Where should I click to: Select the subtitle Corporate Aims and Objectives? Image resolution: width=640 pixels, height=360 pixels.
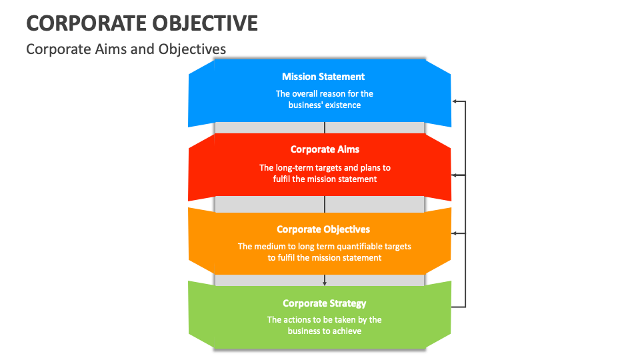(x=126, y=49)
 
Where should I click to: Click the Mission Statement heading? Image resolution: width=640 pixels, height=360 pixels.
(x=323, y=77)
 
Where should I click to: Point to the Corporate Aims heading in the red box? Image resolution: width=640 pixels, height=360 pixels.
(x=325, y=149)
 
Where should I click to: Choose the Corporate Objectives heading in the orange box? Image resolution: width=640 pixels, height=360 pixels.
(x=323, y=229)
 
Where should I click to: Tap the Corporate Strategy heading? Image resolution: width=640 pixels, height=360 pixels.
(x=324, y=303)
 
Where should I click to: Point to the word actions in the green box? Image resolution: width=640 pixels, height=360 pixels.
(x=296, y=319)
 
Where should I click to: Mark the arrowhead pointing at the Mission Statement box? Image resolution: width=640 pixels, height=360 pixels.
(x=455, y=101)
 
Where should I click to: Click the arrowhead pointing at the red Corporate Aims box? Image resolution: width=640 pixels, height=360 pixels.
(x=455, y=175)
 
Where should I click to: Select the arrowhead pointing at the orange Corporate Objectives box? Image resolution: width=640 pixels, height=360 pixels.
(x=455, y=233)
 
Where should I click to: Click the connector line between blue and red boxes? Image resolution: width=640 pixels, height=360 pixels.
(x=325, y=128)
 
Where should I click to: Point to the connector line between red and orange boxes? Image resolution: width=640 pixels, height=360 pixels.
(x=325, y=203)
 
